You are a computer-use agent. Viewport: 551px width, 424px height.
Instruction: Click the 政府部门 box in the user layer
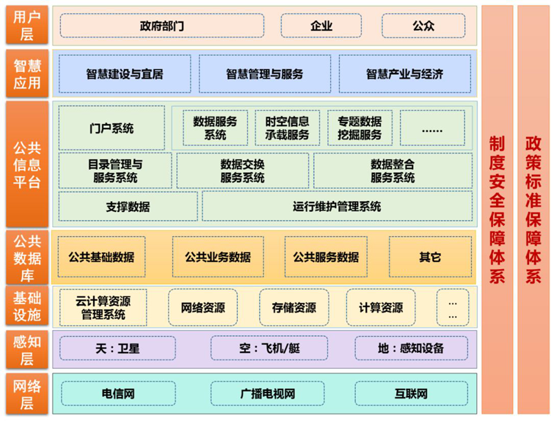point(162,26)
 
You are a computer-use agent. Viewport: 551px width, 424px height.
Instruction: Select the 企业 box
point(321,26)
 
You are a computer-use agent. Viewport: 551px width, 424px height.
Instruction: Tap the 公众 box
point(424,26)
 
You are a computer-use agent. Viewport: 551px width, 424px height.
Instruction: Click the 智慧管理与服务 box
point(264,74)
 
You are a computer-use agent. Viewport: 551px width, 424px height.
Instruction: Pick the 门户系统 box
point(112,128)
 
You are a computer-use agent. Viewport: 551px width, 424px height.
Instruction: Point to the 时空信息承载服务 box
point(287,128)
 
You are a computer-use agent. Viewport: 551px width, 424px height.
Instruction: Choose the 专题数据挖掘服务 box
point(360,128)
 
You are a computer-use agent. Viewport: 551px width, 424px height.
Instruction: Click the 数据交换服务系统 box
point(242,171)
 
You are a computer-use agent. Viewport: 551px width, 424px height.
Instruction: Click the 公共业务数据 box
point(218,257)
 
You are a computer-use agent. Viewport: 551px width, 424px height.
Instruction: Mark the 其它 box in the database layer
point(430,257)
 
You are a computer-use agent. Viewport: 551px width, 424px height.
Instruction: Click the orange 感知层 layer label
point(26,348)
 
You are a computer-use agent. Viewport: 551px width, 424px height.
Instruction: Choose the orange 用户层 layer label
point(26,26)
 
